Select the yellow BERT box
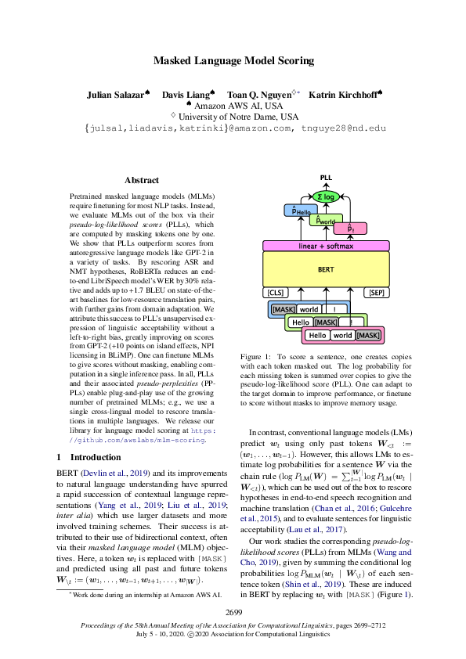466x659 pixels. [x=326, y=268]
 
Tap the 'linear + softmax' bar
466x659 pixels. [x=326, y=246]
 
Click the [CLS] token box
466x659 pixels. [x=276, y=293]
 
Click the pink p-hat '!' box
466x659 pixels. [x=350, y=229]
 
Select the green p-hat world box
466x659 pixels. [x=324, y=220]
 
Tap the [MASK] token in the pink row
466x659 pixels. [x=367, y=335]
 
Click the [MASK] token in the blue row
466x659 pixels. [x=283, y=309]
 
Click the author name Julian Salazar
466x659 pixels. [x=117, y=95]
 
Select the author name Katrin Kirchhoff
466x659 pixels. [x=341, y=95]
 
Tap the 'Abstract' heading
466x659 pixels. [x=141, y=180]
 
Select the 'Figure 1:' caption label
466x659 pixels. [x=256, y=356]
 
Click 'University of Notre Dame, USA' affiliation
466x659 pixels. [x=237, y=117]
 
